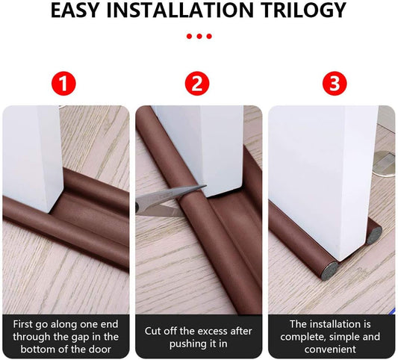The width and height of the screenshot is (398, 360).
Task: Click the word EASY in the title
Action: [75, 10]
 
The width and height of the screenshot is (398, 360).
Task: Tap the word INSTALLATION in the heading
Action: [180, 10]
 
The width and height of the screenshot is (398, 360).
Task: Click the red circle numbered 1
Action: [63, 83]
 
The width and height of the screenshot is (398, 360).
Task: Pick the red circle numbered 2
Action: [197, 83]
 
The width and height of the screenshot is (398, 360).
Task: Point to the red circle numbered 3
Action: [335, 83]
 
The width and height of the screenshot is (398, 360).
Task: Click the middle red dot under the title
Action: [199, 37]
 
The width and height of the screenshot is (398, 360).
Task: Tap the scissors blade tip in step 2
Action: [205, 187]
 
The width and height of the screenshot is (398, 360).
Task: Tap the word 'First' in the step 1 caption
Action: [23, 324]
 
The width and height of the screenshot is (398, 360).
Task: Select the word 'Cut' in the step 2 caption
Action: [152, 331]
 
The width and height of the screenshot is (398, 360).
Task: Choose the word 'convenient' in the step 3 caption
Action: [330, 350]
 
